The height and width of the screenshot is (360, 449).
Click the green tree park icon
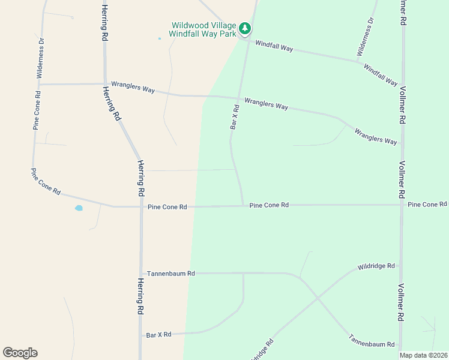[x=244, y=28]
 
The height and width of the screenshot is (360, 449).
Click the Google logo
[x=20, y=353]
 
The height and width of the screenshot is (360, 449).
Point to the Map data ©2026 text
[x=423, y=355]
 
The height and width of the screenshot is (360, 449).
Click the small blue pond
[x=79, y=209]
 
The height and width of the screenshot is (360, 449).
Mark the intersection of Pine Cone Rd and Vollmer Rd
[x=401, y=205]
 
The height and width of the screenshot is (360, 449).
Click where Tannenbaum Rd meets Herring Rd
[x=141, y=273]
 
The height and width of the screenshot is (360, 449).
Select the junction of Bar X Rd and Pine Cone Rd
[x=243, y=205]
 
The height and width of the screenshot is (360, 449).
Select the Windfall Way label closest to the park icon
[x=274, y=46]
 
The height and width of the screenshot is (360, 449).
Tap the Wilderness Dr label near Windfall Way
[x=365, y=37]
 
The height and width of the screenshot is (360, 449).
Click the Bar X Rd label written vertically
[x=235, y=118]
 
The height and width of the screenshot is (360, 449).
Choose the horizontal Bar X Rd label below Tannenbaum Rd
[x=158, y=334]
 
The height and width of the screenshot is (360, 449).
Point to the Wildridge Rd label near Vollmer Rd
[x=376, y=266]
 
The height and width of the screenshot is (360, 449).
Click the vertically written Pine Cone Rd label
[x=37, y=110]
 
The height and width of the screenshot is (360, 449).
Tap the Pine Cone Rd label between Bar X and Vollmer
[x=269, y=205]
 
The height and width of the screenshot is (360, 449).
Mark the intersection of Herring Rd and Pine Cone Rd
[x=141, y=206]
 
